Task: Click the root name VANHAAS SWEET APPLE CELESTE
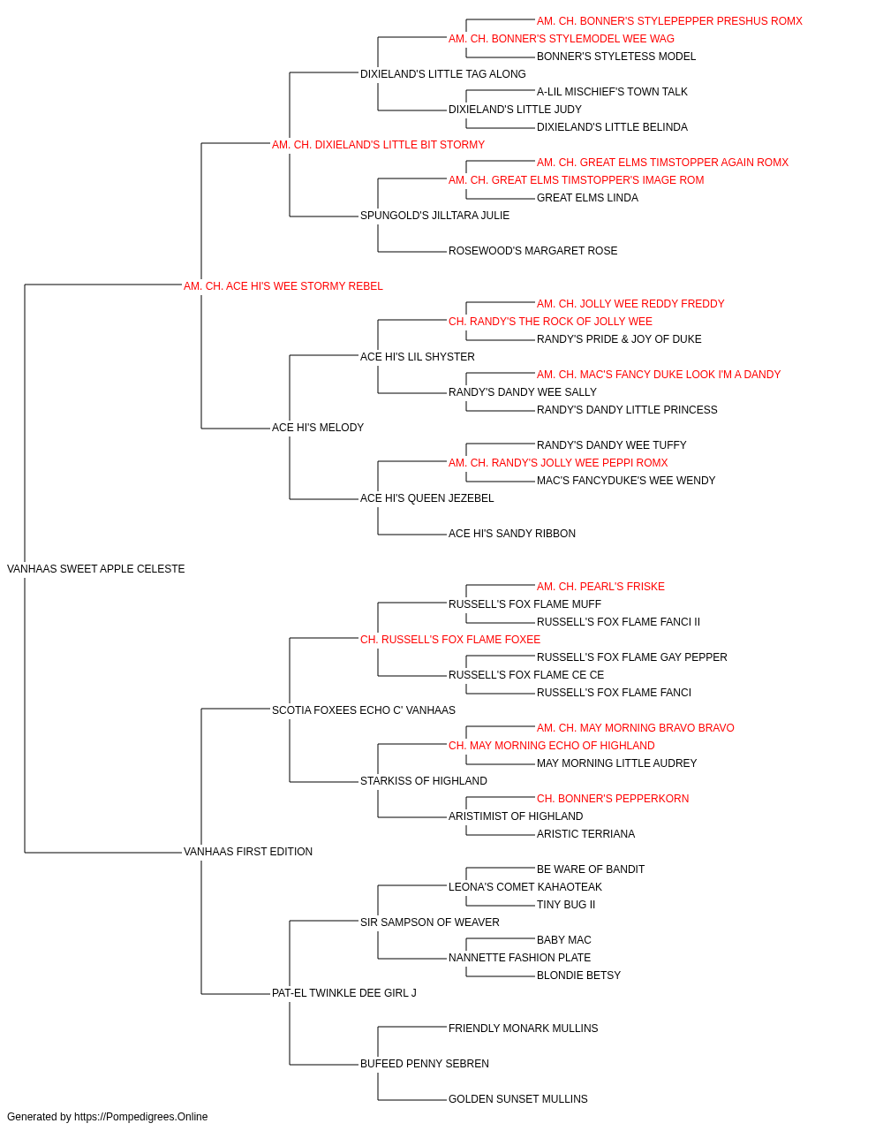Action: click(x=95, y=569)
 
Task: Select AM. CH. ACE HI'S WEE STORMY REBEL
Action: click(x=283, y=286)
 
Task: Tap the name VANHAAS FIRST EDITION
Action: click(x=248, y=852)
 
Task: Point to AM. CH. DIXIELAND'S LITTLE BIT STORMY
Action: click(x=378, y=145)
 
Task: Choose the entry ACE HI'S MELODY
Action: click(x=318, y=428)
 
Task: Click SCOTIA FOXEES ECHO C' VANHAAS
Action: click(x=364, y=710)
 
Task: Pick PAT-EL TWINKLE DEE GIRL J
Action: click(x=343, y=993)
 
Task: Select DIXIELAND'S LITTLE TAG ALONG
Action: click(x=443, y=74)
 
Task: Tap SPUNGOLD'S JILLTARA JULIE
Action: click(x=434, y=216)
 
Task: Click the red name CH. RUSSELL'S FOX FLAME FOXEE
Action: click(x=450, y=640)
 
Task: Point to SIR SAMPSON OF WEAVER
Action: click(x=429, y=922)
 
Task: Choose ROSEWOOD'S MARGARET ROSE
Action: click(x=533, y=251)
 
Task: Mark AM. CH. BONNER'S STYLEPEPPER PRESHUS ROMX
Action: click(x=669, y=21)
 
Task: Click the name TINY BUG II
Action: click(x=566, y=905)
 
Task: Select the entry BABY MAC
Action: click(x=563, y=940)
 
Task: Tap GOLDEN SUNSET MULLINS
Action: click(x=518, y=1099)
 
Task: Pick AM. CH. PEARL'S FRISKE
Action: click(x=600, y=587)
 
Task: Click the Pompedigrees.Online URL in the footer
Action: click(x=141, y=1117)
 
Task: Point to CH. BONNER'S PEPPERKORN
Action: click(x=613, y=799)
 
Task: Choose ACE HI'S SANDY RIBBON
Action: click(x=512, y=534)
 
